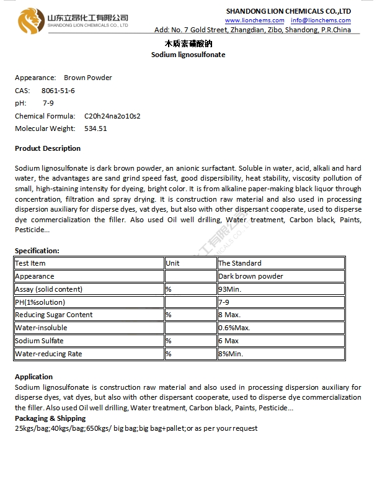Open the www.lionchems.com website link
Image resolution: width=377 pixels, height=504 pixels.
coord(254,20)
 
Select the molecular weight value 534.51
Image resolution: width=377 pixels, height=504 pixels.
coord(95,128)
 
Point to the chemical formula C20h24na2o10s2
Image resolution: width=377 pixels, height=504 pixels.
coord(112,116)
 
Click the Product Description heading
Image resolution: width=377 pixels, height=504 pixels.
coord(48,148)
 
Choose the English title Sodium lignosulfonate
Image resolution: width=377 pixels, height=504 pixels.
coord(188,55)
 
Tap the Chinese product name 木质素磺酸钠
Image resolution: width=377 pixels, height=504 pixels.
coord(188,44)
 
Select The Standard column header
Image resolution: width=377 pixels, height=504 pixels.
coord(240,263)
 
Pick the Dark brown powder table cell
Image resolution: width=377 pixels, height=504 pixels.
coord(251,276)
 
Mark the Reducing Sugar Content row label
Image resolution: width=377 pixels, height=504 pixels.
coord(53,315)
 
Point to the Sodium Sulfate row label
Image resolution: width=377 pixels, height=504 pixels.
coord(39,341)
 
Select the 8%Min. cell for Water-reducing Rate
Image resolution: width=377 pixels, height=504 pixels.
coord(231,354)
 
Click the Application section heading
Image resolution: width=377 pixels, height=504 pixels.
coord(33,377)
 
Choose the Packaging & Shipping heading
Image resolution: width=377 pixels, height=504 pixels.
coord(50,418)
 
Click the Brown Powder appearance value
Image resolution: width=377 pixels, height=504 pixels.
coord(88,78)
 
